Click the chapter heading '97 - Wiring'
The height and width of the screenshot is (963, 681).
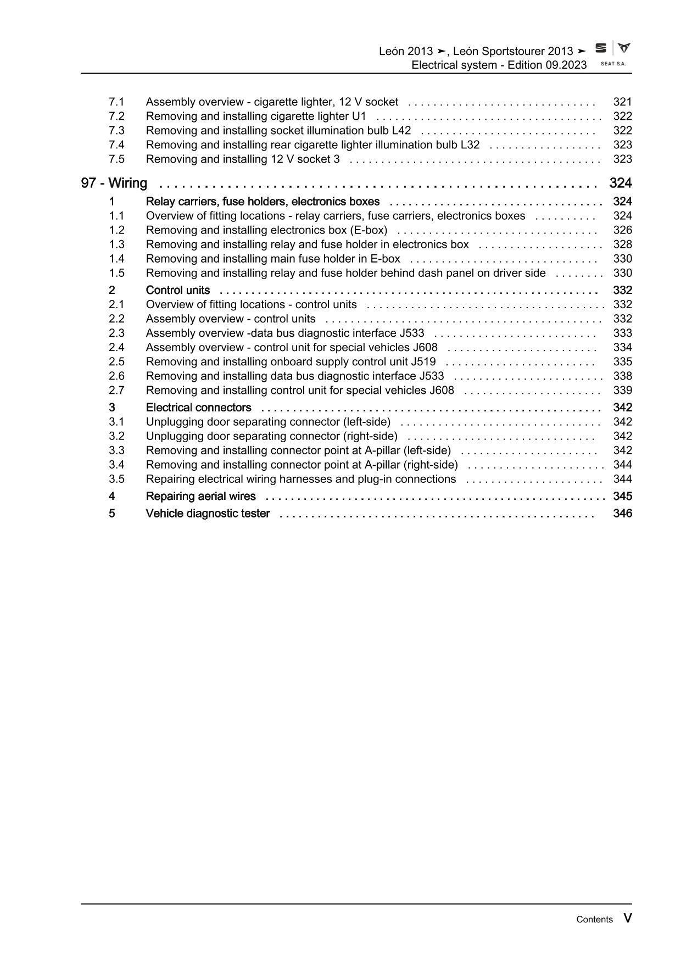coord(114,183)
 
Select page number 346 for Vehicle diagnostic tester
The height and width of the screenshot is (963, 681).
coord(622,513)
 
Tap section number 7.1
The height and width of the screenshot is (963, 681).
coord(116,102)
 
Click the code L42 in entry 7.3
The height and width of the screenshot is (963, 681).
coord(400,130)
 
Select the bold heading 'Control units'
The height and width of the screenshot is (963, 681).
coord(177,290)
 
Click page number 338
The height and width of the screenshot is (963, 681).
coord(622,376)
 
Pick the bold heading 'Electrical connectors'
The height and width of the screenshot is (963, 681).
coord(198,407)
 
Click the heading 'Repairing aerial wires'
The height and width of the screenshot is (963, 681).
coord(200,496)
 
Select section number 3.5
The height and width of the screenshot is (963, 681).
coord(116,478)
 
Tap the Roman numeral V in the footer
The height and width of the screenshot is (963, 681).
coord(628,918)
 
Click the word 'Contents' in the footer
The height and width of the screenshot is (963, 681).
coord(594,919)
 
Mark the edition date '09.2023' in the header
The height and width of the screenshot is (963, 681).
coord(566,65)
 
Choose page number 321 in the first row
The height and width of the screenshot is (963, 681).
coord(622,102)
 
